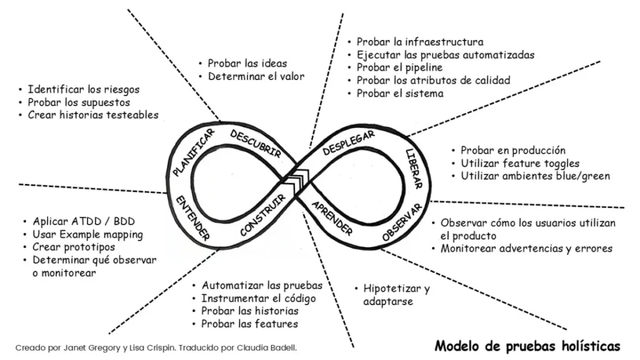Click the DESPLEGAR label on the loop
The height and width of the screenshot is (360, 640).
pos(349,143)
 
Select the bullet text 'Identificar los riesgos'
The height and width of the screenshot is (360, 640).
pos(84,89)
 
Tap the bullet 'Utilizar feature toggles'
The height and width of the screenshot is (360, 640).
pos(520,163)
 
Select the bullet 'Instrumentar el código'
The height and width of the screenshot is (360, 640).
pos(258,298)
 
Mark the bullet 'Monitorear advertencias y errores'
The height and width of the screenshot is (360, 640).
pos(526,249)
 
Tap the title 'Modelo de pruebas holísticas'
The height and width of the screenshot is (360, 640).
pos(527,346)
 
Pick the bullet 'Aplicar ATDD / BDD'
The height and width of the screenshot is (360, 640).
pos(84,222)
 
